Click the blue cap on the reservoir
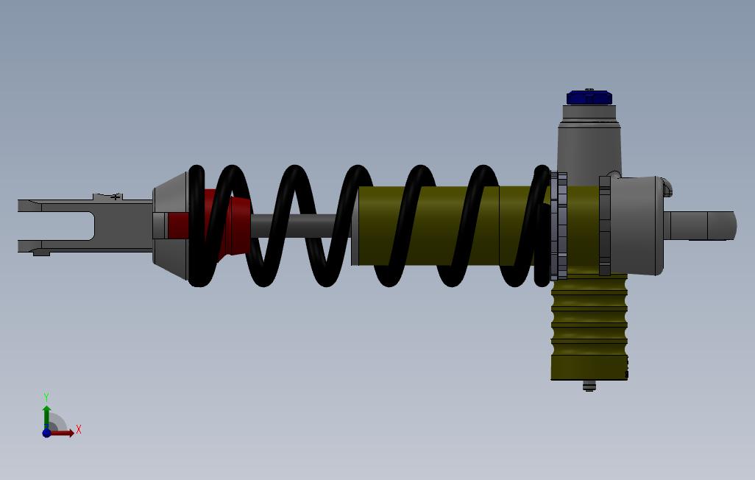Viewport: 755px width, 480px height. [x=589, y=98]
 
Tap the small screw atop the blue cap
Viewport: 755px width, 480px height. [x=589, y=90]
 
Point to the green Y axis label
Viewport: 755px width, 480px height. [x=46, y=397]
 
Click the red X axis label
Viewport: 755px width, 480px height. [x=79, y=429]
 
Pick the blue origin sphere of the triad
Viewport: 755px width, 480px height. [x=46, y=433]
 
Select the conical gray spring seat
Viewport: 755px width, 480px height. [x=171, y=225]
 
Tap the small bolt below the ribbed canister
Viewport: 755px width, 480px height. [x=589, y=386]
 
